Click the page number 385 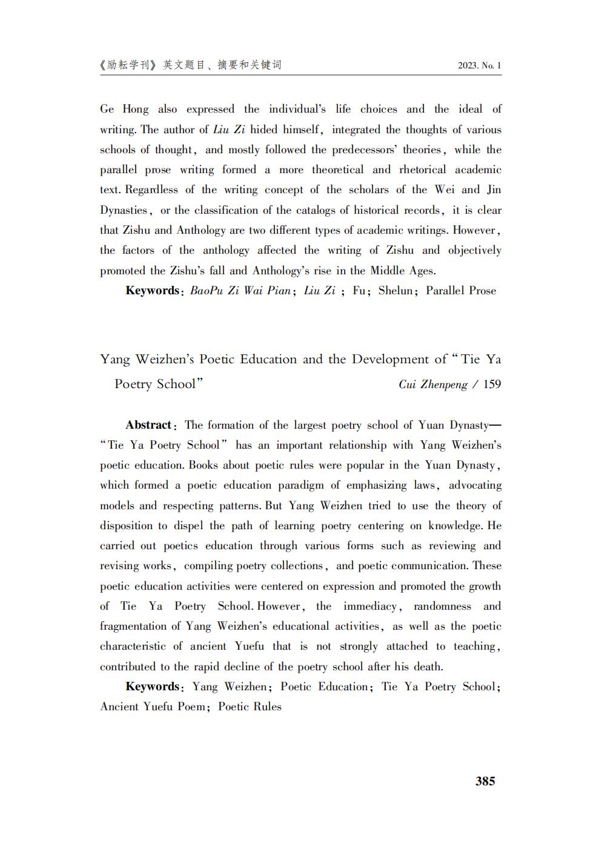tap(485, 781)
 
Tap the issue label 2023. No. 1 tap(479, 66)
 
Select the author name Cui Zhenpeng tap(433, 384)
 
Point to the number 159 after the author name tap(492, 384)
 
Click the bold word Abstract tap(148, 425)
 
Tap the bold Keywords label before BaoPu tap(152, 291)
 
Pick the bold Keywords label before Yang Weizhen tap(152, 687)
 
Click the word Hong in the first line tap(135, 110)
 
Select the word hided tap(264, 130)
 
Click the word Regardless tap(151, 190)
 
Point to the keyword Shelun tap(395, 291)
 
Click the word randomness tap(442, 606)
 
